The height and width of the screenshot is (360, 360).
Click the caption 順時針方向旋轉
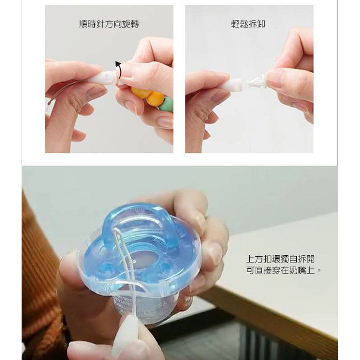pyautogui.click(x=109, y=24)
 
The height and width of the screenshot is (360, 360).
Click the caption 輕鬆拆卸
pyautogui.click(x=248, y=24)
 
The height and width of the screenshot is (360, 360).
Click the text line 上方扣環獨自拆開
pyautogui.click(x=280, y=259)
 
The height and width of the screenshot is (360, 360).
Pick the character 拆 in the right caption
pyautogui.click(x=252, y=24)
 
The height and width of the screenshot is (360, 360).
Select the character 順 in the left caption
pyautogui.click(x=84, y=24)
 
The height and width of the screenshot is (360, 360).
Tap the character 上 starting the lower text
pyautogui.click(x=250, y=259)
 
